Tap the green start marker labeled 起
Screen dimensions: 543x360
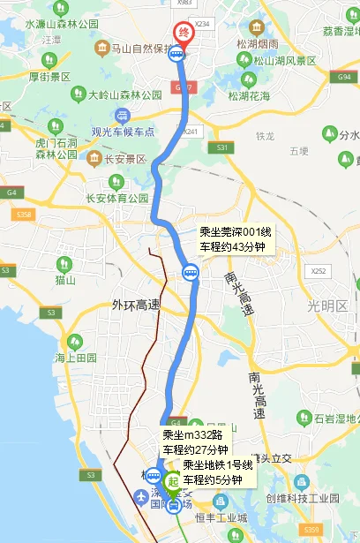point(173,482)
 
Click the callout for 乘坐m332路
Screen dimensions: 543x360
point(195,442)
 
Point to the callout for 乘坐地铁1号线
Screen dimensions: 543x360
point(218,472)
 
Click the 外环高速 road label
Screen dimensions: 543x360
point(136,305)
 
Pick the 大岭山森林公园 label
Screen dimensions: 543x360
point(125,94)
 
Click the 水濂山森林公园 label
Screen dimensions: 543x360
point(63,25)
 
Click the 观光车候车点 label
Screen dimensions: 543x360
point(123,131)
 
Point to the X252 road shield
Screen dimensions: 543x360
point(319,272)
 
